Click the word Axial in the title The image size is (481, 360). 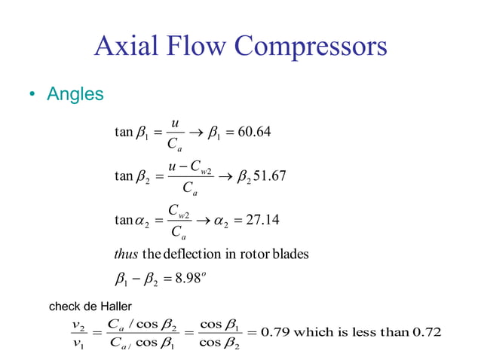coord(123,47)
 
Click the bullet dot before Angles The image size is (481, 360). coord(32,96)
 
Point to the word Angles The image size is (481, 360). coord(75,96)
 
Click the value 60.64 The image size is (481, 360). coord(253,133)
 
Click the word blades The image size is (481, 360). coord(290,254)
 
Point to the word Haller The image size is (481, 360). coord(115,306)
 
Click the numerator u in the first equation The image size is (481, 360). coord(175,123)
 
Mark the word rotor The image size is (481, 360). coord(256,254)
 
